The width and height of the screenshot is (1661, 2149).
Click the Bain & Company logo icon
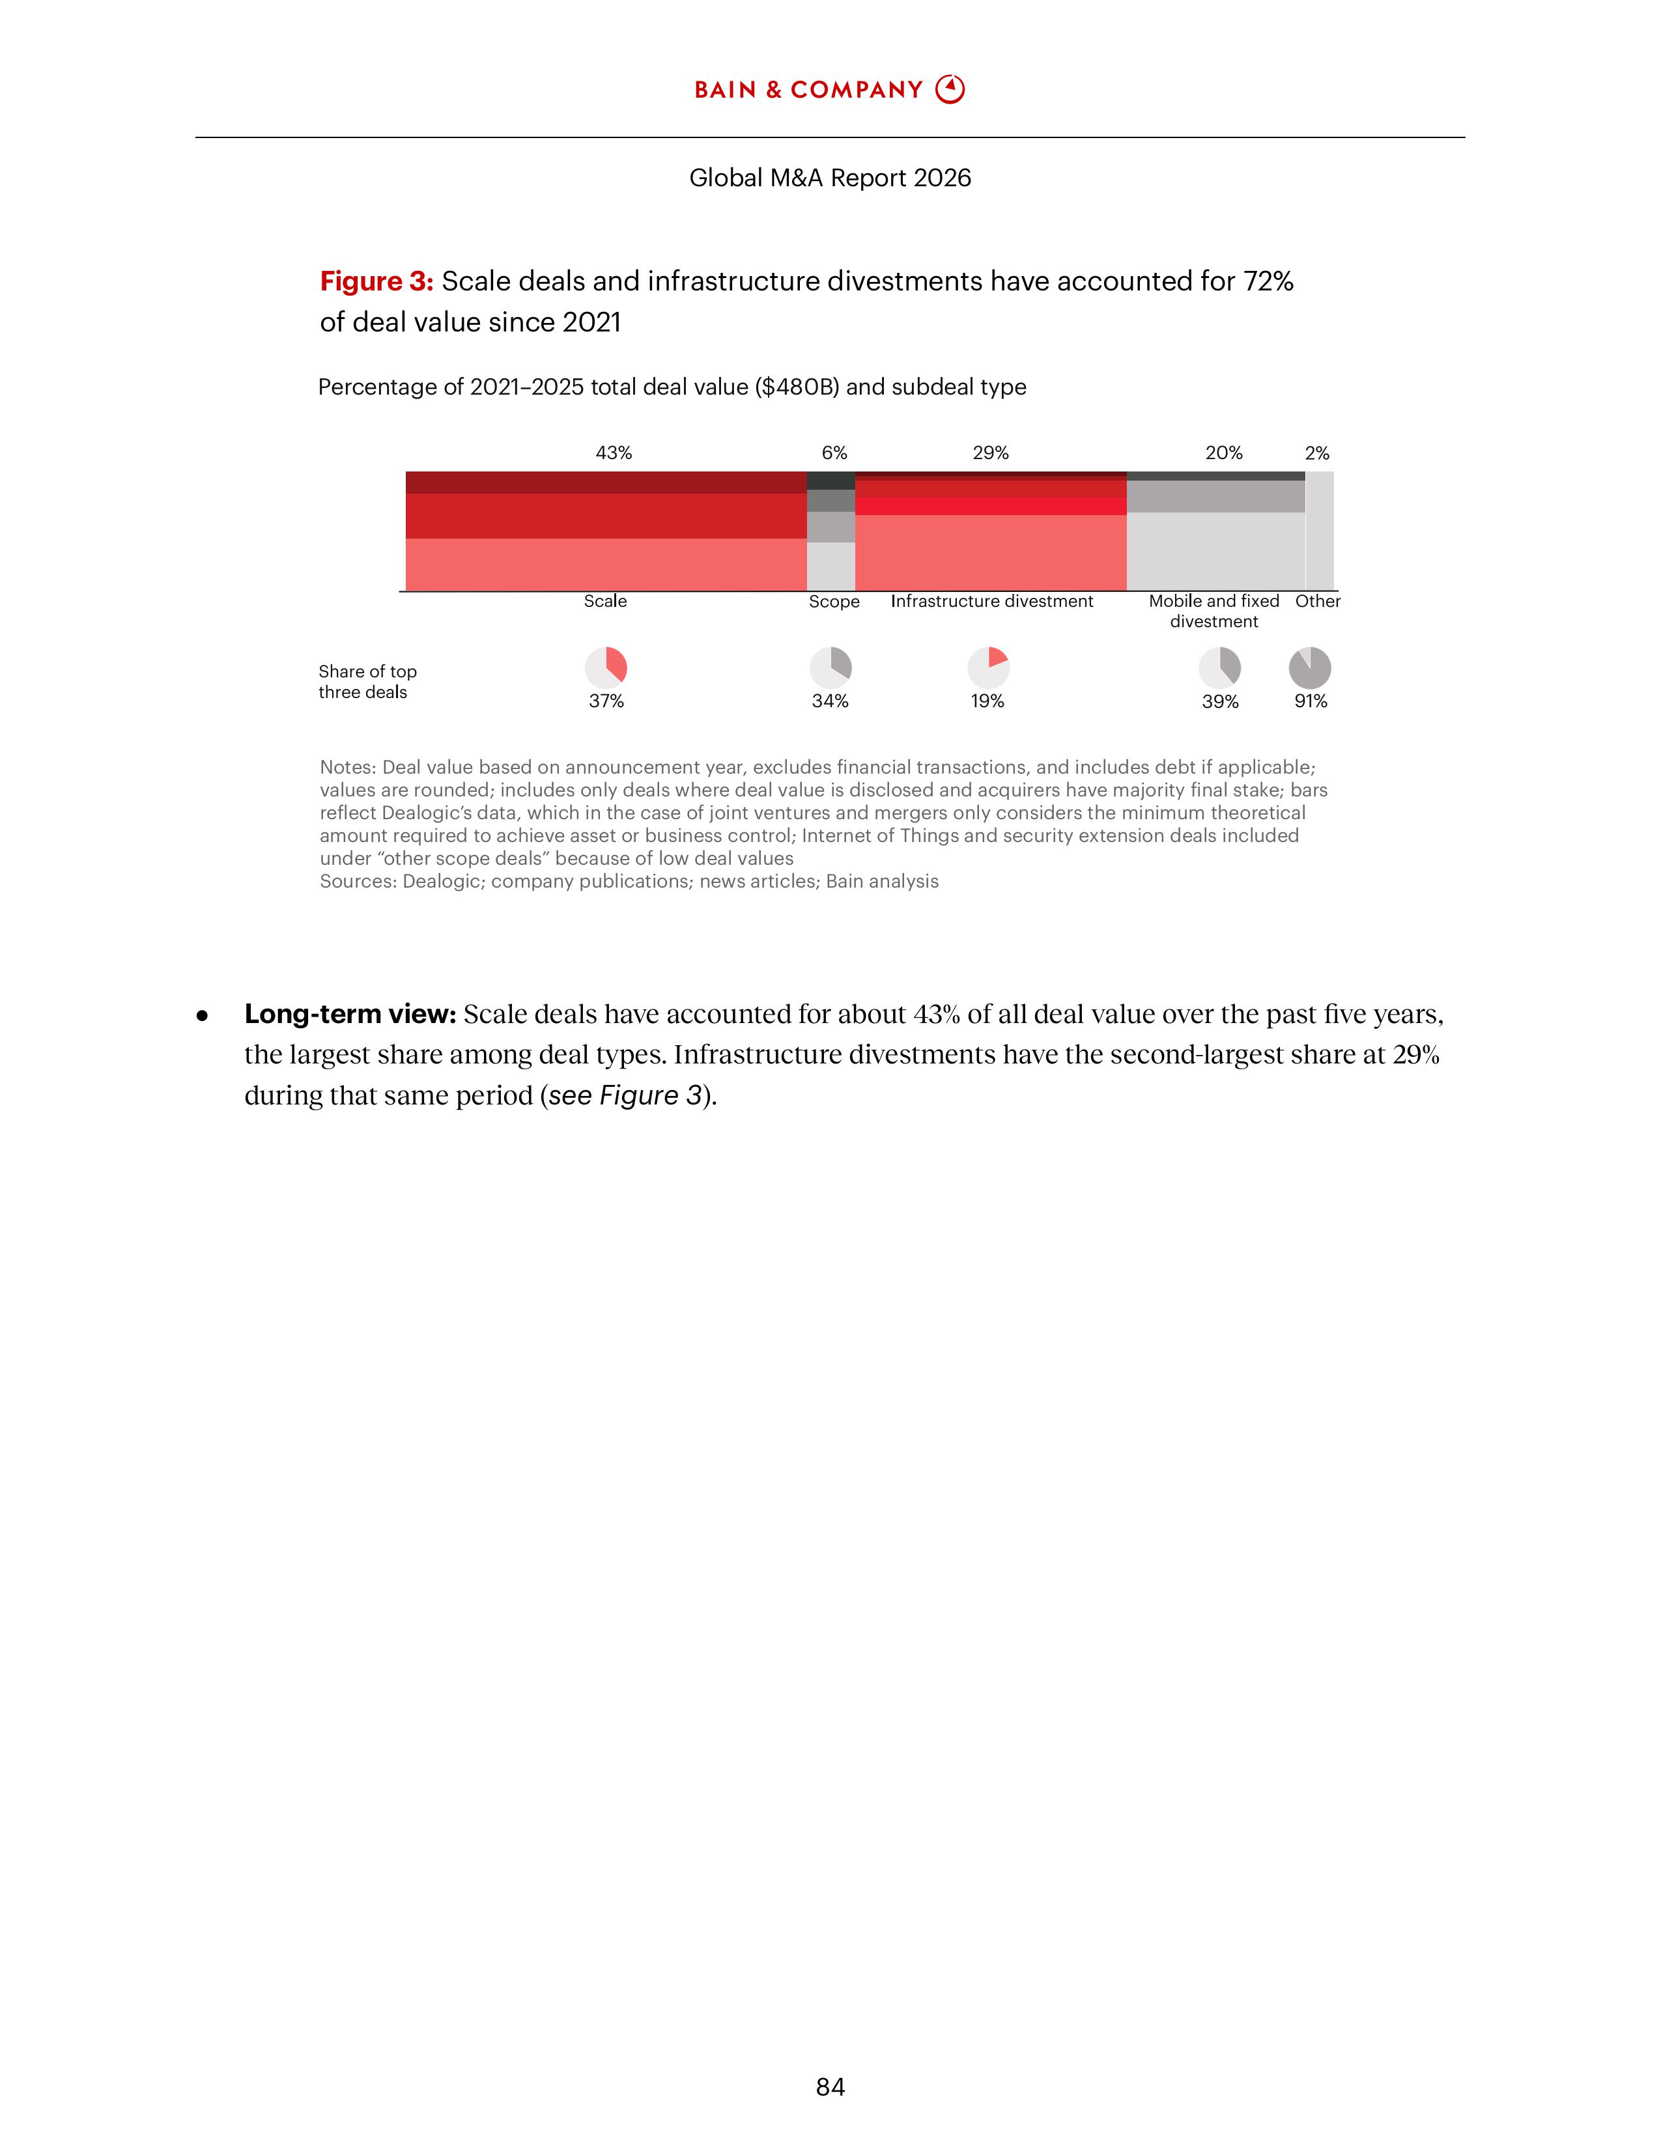click(950, 90)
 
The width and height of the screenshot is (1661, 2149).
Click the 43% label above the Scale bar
click(613, 453)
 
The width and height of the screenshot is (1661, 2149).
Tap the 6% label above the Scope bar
click(834, 453)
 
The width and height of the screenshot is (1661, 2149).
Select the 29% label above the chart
click(991, 453)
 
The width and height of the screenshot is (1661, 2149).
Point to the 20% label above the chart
click(1224, 453)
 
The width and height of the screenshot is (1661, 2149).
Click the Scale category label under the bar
click(605, 601)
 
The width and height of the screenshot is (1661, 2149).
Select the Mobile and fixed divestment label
click(1214, 611)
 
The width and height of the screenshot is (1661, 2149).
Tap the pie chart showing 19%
click(988, 667)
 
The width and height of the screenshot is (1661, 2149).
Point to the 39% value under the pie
click(1220, 701)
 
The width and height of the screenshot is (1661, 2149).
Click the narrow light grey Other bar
click(1320, 531)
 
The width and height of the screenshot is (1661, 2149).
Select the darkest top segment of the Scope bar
click(830, 480)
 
